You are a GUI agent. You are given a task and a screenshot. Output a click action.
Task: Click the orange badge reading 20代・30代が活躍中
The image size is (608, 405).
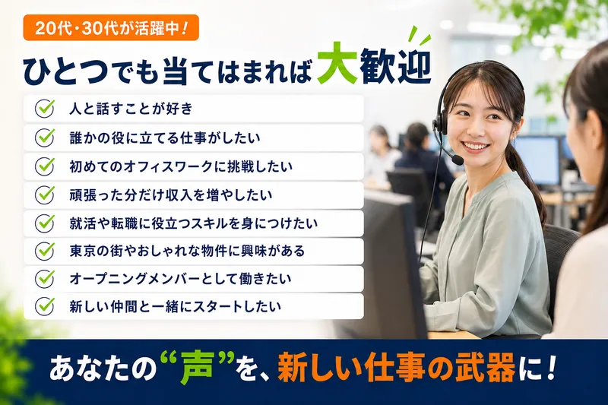pos(111,27)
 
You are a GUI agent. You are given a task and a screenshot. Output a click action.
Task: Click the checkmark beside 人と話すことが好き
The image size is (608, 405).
pos(45,109)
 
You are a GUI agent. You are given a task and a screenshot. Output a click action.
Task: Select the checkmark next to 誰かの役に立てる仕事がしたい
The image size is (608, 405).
pos(45,138)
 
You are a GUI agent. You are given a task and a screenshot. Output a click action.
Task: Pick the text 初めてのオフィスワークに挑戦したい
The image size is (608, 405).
pos(181,166)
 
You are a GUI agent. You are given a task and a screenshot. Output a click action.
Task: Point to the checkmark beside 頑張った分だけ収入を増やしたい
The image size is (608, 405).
pos(45,195)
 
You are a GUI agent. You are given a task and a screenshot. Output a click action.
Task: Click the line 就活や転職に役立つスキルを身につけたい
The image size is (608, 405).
pos(194,223)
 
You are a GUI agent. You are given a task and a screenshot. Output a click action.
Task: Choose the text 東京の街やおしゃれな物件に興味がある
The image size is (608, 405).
pos(187,252)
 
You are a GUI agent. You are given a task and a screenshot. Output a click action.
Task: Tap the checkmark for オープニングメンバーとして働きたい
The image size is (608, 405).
pos(45,278)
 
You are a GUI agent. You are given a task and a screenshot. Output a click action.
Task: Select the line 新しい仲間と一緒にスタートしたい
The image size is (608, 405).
pos(176,306)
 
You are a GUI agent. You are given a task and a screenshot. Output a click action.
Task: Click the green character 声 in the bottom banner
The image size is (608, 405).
pos(198,369)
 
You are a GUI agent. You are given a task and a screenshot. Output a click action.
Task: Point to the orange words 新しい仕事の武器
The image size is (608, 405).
pos(396,368)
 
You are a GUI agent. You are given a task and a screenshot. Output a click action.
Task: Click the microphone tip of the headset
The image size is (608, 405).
pos(458,160)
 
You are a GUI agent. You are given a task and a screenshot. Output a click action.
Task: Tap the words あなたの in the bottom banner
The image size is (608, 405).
pos(103,369)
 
